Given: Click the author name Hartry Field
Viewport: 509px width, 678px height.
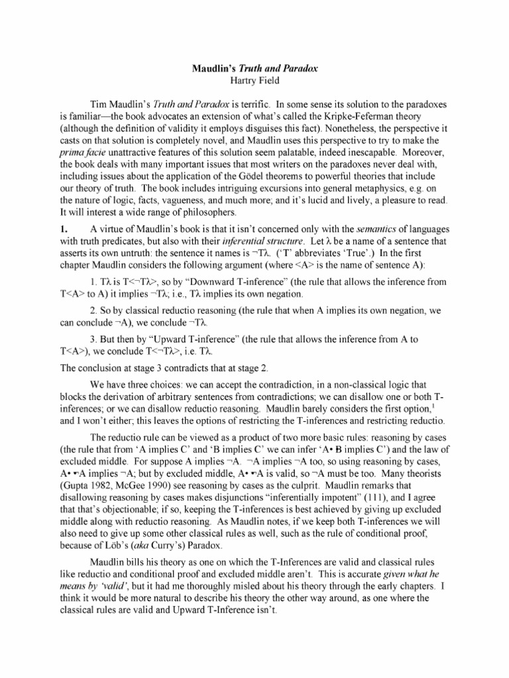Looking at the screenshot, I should pos(254,79).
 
